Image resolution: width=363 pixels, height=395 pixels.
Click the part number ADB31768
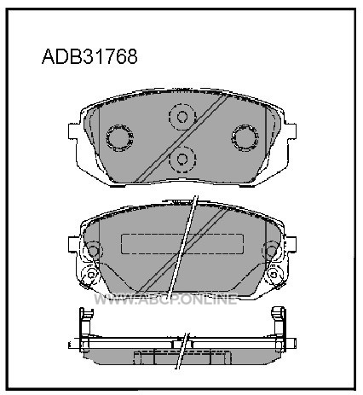(89, 56)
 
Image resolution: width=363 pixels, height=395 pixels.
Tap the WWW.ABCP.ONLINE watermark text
(165, 299)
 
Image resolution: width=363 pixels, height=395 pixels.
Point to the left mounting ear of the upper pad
(73, 131)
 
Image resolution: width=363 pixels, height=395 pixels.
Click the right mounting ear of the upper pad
(291, 131)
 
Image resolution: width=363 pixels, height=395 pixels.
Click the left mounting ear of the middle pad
(73, 244)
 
